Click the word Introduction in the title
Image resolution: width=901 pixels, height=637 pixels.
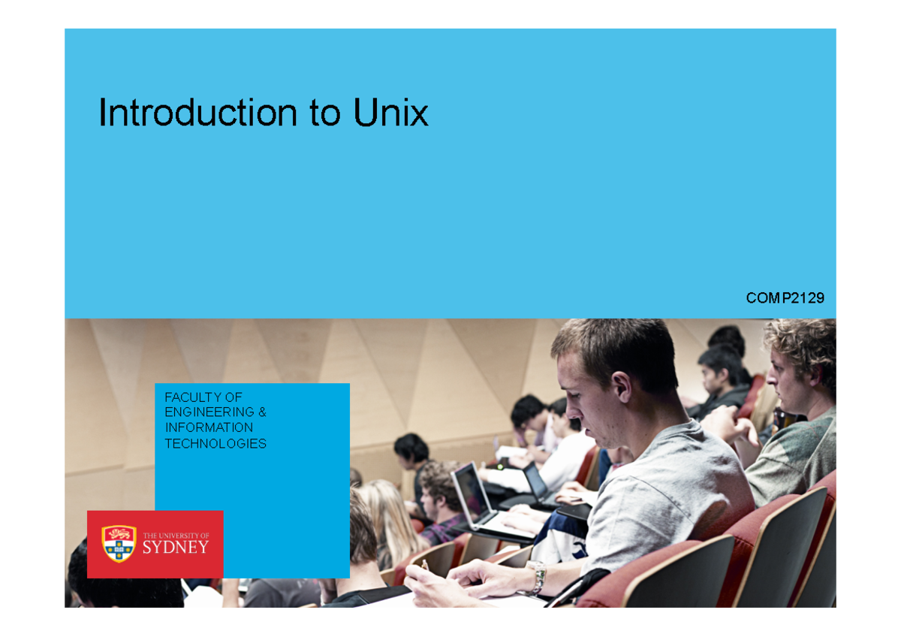click(x=197, y=113)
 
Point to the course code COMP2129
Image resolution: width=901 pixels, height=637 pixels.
click(x=785, y=298)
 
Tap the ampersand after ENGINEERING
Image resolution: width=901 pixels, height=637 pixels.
click(x=262, y=412)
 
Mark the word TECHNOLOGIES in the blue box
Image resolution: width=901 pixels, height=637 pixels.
click(x=215, y=443)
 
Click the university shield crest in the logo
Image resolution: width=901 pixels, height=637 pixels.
click(x=119, y=543)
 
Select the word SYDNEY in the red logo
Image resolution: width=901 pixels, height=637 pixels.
click(x=175, y=548)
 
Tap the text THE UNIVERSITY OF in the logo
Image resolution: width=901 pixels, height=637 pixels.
click(x=176, y=535)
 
